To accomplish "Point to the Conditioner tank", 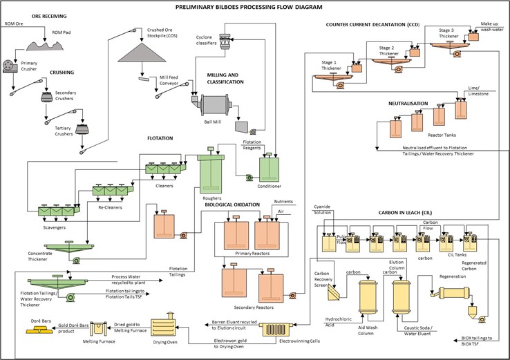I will tap(269, 169).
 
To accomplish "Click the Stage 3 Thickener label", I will tap(453, 30).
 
